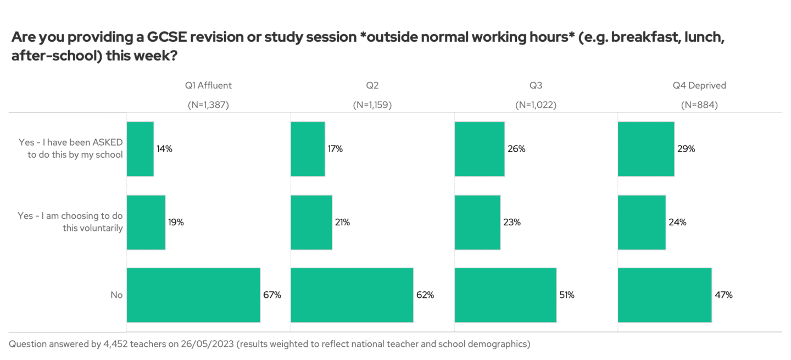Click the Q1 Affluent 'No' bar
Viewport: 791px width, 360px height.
click(193, 295)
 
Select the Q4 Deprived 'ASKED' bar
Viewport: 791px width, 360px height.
click(646, 149)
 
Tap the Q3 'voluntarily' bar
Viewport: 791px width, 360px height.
click(477, 222)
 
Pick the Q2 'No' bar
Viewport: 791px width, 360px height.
click(352, 295)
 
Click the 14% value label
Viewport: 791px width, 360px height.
click(165, 149)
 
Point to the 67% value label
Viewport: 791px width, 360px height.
click(272, 295)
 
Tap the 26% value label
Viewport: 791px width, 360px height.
click(517, 149)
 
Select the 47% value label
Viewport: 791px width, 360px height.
click(723, 295)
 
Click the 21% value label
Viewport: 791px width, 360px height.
click(342, 223)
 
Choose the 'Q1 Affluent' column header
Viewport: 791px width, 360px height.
click(208, 85)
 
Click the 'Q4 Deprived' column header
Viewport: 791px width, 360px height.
click(699, 85)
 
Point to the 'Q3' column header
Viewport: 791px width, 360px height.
click(536, 85)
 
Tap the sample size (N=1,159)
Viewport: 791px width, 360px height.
click(372, 105)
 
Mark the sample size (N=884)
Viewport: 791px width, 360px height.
click(699, 105)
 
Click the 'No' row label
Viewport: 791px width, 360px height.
click(116, 295)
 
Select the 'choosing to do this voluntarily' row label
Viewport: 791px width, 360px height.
click(70, 222)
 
